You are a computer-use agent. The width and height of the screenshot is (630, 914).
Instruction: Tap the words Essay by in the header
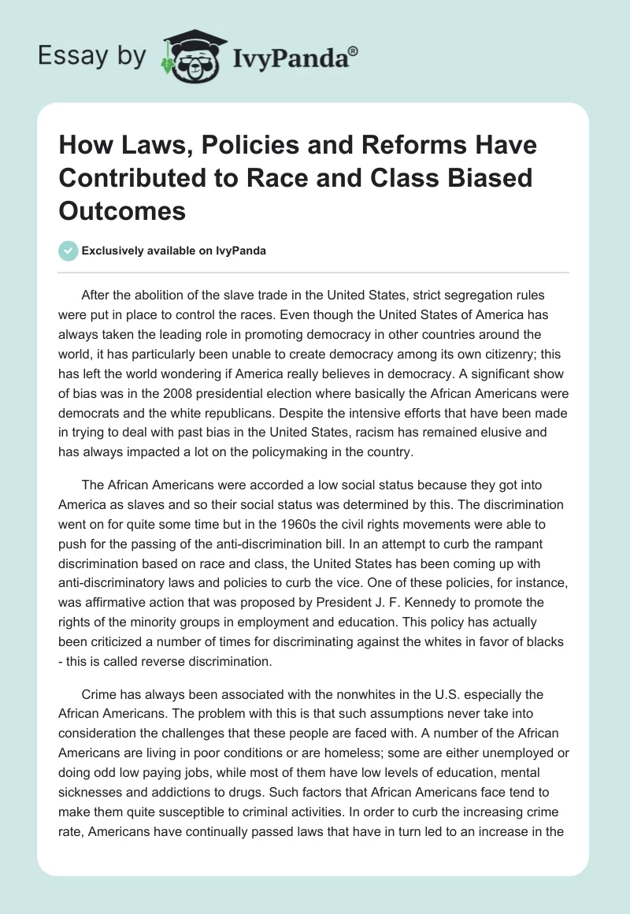point(91,56)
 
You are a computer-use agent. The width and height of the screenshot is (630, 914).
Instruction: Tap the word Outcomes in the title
point(122,211)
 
